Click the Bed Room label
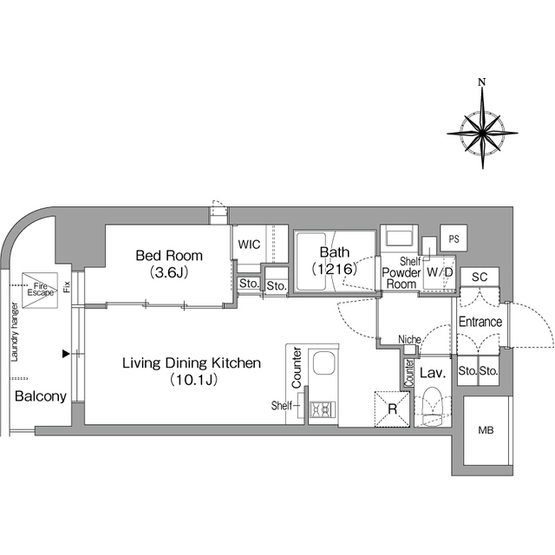click(169, 256)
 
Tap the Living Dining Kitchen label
click(192, 363)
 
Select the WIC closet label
click(249, 245)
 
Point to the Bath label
click(335, 252)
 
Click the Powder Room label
click(401, 278)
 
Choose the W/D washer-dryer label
click(440, 272)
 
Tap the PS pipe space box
click(454, 238)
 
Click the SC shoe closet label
click(480, 277)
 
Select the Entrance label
click(480, 322)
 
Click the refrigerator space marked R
click(392, 408)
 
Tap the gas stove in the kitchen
click(323, 408)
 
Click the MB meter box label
click(486, 430)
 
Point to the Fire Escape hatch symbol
click(40, 291)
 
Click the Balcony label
click(41, 396)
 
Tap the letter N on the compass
click(482, 82)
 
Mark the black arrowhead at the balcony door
click(66, 354)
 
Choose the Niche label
click(409, 339)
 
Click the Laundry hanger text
click(14, 331)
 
